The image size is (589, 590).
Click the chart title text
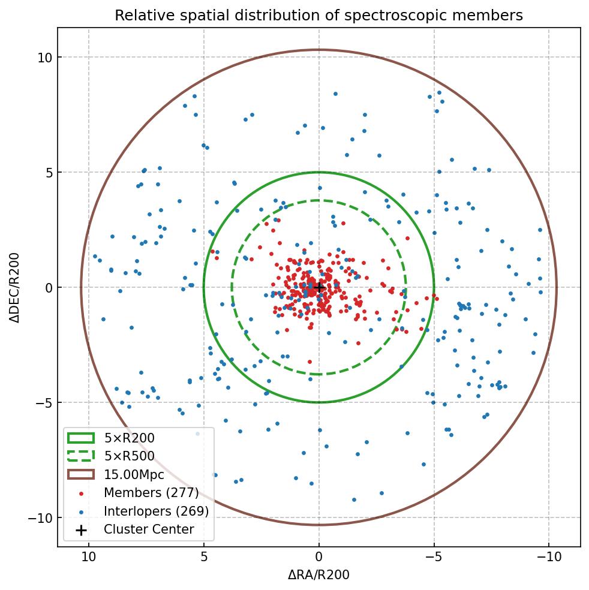[318, 16]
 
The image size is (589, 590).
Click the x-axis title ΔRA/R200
[318, 575]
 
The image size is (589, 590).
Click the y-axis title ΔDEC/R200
[14, 287]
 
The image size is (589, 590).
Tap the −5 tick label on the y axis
[41, 402]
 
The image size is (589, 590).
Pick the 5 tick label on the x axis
[204, 556]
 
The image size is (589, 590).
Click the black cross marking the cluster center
[319, 287]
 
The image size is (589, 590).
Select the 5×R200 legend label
[129, 438]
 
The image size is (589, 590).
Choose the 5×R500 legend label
[129, 456]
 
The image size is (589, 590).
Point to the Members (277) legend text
[151, 493]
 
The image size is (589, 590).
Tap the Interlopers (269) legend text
[156, 511]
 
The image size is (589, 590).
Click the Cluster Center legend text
[149, 529]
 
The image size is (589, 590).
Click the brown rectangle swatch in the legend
[81, 474]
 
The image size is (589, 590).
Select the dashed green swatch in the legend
[81, 456]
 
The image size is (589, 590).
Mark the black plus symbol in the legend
[81, 529]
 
